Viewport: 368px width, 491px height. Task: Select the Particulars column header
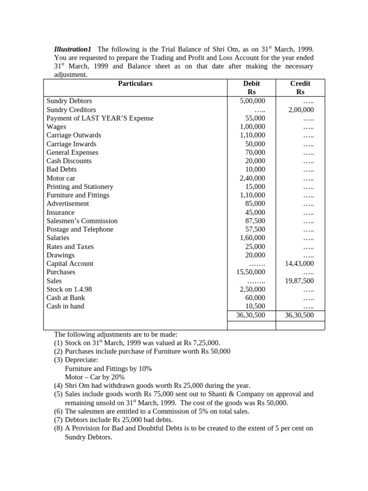tap(135, 83)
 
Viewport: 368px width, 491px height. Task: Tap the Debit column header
tap(252, 83)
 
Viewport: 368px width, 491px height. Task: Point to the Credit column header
tap(300, 83)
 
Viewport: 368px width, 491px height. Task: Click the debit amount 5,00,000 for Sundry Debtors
tap(252, 101)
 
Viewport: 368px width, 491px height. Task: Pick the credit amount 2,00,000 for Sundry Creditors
tap(301, 110)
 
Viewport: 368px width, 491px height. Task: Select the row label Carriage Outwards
tap(74, 135)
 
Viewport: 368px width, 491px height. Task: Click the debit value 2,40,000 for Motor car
tap(252, 178)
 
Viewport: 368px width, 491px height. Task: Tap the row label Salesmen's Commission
tap(82, 221)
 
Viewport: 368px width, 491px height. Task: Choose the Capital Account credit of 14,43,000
tap(299, 263)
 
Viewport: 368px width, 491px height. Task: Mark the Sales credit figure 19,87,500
tap(299, 281)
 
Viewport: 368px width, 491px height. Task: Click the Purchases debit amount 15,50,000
tap(251, 272)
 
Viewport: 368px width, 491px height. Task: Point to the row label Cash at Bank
tap(66, 298)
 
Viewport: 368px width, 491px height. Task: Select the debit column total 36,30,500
tap(251, 315)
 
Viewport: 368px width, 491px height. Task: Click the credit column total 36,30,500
tap(299, 315)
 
